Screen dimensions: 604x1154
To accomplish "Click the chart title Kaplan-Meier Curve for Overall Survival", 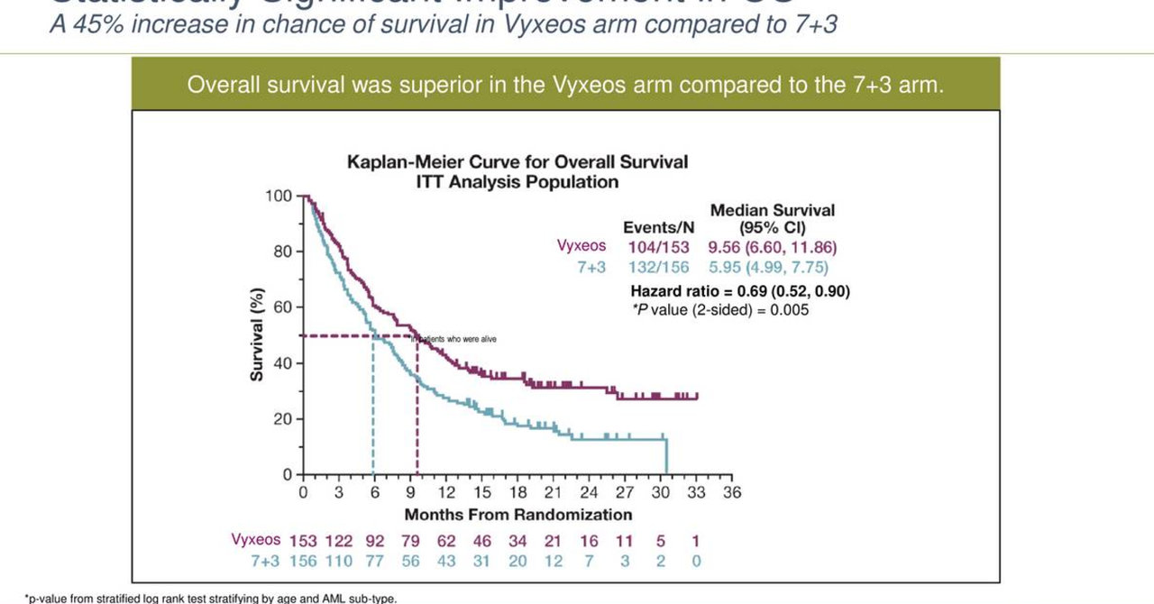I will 517,162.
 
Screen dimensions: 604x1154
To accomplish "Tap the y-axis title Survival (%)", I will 257,334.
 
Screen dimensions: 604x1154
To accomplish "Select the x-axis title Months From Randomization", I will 517,515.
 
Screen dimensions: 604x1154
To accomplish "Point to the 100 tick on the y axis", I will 279,197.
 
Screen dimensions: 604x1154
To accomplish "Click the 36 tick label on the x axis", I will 731,493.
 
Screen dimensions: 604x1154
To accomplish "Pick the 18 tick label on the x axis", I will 517,493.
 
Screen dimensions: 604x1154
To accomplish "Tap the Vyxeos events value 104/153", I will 658,247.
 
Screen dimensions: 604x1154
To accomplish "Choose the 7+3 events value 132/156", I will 658,268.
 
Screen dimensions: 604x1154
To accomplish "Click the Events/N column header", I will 658,228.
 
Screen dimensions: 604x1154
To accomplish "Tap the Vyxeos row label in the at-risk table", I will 256,540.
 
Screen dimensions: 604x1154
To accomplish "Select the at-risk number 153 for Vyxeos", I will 303,541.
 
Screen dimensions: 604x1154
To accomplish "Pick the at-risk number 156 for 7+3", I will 303,562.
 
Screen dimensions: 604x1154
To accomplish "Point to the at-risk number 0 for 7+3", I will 696,562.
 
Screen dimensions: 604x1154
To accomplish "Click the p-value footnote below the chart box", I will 210,598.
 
